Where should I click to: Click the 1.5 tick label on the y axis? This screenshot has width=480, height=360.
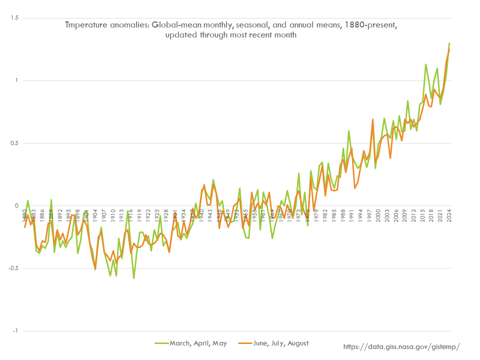tap(14, 18)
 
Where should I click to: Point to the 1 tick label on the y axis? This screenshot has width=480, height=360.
tap(16, 80)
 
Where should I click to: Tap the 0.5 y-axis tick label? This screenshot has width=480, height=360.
tap(14, 143)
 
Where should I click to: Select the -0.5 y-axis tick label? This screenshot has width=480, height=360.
tap(13, 268)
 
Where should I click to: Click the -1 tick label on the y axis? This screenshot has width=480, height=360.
tap(15, 330)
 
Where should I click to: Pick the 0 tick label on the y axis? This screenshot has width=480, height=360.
tap(16, 205)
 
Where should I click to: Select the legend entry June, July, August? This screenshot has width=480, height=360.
tap(280, 343)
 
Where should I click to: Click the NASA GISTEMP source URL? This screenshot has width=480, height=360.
tap(401, 346)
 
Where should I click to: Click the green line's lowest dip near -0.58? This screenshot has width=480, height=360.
tap(134, 278)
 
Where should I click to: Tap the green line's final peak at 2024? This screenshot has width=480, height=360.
tap(449, 43)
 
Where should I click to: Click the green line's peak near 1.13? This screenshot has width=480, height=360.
tap(425, 64)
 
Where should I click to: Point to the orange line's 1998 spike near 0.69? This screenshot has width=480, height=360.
tap(372, 119)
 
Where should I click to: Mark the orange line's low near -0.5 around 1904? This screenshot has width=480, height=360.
tap(95, 268)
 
